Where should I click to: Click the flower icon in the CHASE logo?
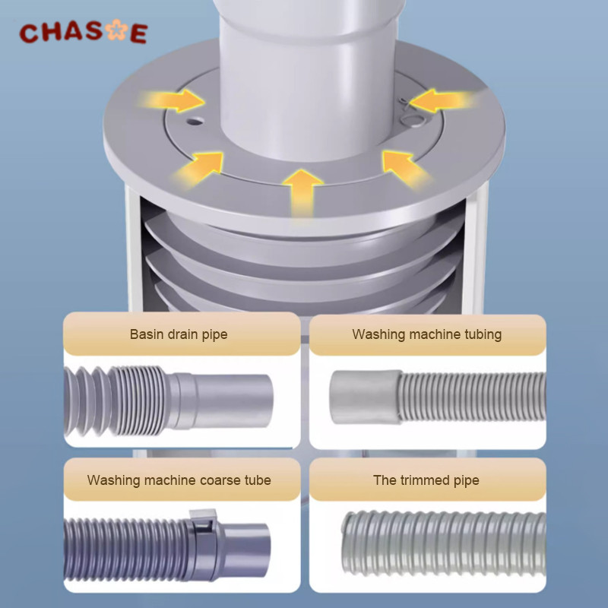(x=117, y=30)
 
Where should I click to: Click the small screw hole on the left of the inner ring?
(x=195, y=122)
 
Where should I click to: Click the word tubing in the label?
(x=482, y=334)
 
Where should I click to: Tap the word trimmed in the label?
(x=426, y=480)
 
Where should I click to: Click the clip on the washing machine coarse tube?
(x=203, y=521)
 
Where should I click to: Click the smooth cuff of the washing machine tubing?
(x=366, y=397)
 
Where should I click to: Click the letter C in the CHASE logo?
(x=30, y=33)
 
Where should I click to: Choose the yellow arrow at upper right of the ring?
(x=442, y=100)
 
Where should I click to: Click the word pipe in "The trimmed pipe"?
(x=467, y=481)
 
